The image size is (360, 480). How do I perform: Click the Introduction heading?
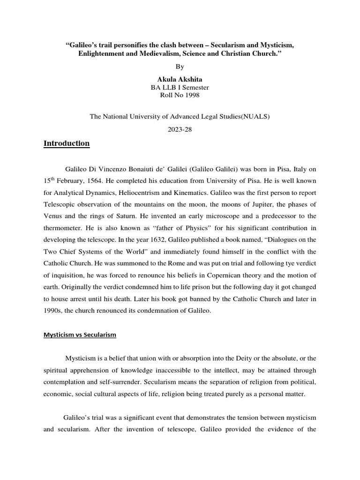(67, 143)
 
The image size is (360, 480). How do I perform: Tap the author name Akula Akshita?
(180, 79)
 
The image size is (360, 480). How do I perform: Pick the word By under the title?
(180, 67)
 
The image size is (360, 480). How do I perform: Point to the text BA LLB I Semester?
(180, 87)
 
